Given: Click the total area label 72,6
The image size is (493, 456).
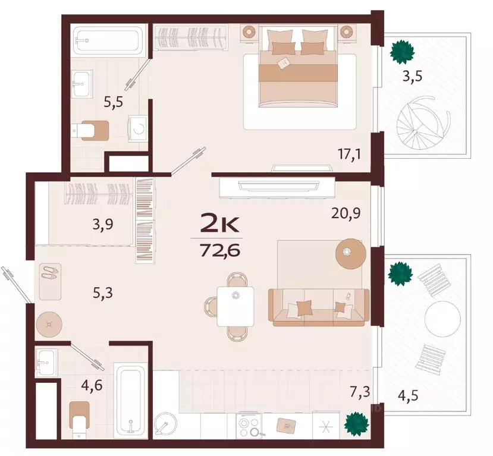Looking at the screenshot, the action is coord(220,250).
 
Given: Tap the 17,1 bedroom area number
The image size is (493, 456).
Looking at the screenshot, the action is coord(349,155).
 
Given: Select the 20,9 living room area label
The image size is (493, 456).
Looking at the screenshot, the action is coord(346,213).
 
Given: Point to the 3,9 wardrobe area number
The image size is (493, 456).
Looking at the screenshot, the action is coord(103,225).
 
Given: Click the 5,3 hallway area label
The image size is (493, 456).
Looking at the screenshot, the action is coord(103,293).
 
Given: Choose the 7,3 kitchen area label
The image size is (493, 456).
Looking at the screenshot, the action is coord(360,392).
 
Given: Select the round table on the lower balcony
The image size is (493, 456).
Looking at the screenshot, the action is coord(442,319).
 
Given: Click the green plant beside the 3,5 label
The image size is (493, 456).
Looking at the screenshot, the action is coord(402,52).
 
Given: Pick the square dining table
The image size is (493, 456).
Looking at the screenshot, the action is coord(235,306).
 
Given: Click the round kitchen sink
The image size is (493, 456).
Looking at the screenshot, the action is coord(165,424).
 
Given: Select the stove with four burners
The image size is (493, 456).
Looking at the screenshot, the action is coord(249,425).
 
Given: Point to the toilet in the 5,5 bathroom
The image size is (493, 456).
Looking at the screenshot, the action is coord(90,130).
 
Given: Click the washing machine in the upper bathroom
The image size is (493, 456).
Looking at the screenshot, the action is coord(138,128).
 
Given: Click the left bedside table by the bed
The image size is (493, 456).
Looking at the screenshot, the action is coord(250,33).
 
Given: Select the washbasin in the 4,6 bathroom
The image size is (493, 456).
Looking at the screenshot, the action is coord(46,362).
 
